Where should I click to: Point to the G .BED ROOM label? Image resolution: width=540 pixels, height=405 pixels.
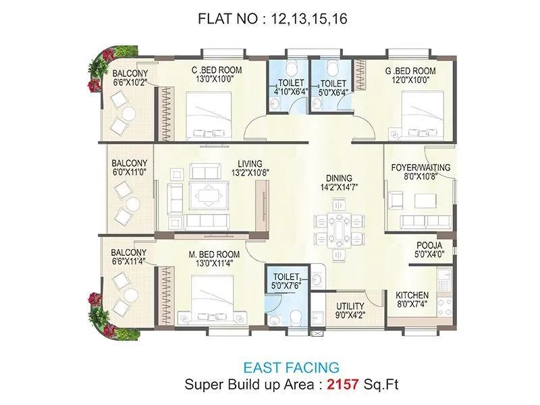(x=410, y=71)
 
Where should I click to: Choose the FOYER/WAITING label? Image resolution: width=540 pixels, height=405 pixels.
(x=421, y=167)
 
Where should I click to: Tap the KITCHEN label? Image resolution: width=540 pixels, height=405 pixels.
(x=412, y=295)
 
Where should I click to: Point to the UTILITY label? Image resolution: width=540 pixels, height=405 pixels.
(x=350, y=306)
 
